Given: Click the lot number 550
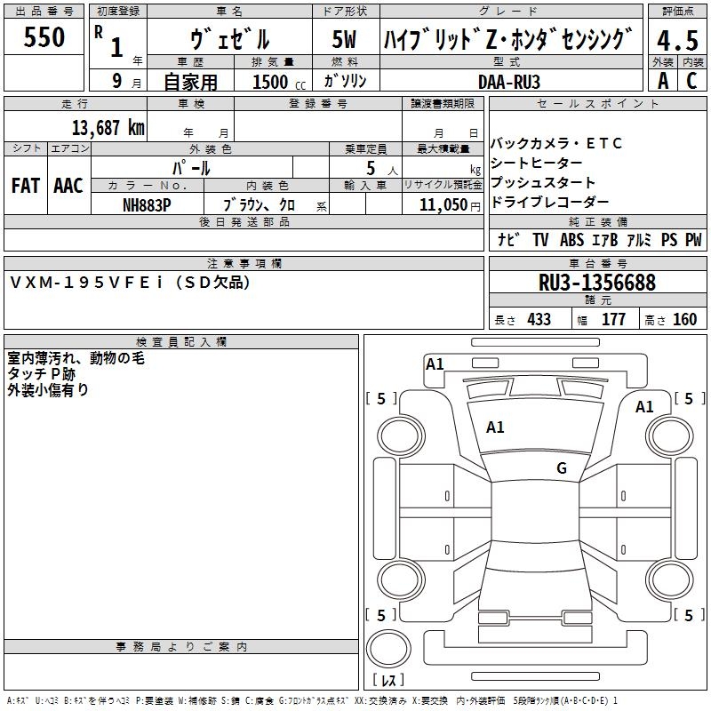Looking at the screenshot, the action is click(x=44, y=37).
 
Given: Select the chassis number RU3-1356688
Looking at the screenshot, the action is click(x=596, y=283).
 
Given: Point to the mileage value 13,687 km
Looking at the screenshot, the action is click(x=108, y=128).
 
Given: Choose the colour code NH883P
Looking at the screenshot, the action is click(x=147, y=204).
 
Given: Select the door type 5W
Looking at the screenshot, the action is click(x=344, y=40).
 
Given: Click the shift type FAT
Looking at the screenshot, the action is click(x=26, y=185).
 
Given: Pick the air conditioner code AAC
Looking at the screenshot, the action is click(x=68, y=185).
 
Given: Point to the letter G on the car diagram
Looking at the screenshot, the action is click(x=562, y=468).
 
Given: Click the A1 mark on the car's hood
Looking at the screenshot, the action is click(x=495, y=427).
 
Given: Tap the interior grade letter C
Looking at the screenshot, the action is click(x=691, y=81).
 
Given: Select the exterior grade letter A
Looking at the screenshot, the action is click(x=662, y=81).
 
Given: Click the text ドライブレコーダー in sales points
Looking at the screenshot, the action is click(x=550, y=203).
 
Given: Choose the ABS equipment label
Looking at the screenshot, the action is click(x=571, y=240).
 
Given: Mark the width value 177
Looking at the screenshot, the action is click(x=613, y=319).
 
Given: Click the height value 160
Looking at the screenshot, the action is click(x=684, y=319).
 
